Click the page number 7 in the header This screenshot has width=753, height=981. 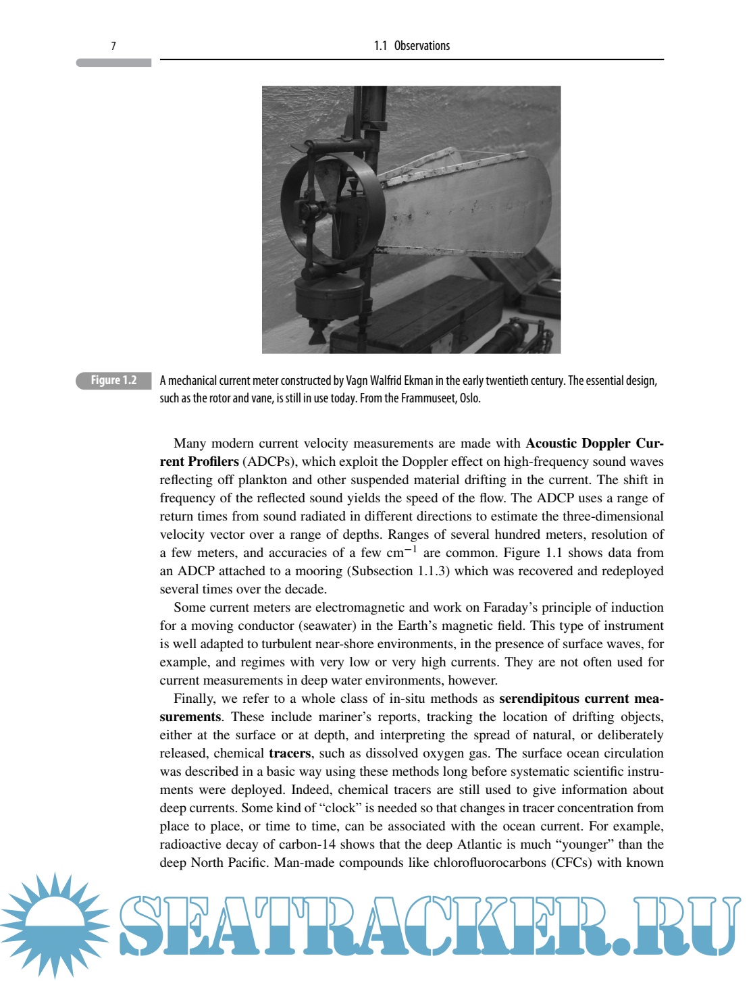[113, 46]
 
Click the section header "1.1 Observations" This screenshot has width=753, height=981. [412, 46]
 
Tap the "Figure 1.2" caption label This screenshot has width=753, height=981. [113, 381]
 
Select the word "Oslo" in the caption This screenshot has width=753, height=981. [469, 398]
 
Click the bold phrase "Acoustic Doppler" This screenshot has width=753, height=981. [579, 444]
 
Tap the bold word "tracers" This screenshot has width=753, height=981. [290, 753]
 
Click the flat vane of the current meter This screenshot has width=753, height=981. [466, 209]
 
